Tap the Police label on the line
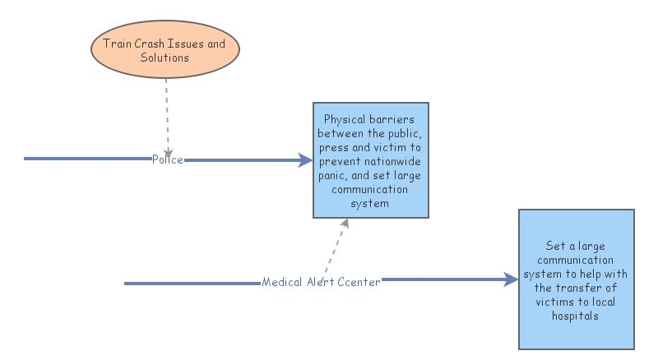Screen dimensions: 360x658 click(167, 159)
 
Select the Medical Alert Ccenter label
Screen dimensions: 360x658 click(321, 282)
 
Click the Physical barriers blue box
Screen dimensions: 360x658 click(370, 160)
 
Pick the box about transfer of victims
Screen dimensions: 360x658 click(576, 279)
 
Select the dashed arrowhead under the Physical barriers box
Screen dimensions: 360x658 click(345, 224)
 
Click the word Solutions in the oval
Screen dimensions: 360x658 click(164, 58)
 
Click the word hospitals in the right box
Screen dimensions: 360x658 click(576, 316)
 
